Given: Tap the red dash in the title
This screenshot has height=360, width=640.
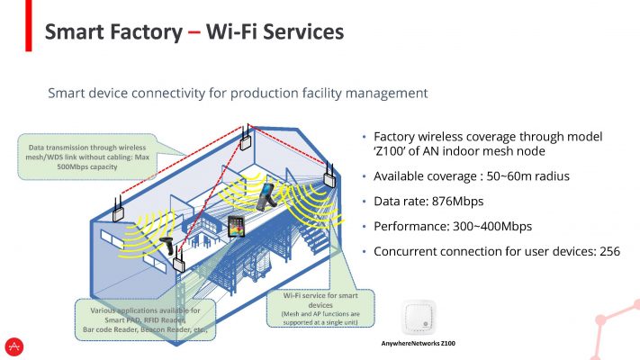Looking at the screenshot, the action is click(194, 32).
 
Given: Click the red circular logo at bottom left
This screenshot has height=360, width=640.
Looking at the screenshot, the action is click(14, 346).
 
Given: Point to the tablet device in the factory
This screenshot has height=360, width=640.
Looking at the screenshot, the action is click(236, 227).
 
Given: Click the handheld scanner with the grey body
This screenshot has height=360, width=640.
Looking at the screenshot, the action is click(266, 197).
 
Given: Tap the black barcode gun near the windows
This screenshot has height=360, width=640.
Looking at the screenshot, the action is click(167, 246).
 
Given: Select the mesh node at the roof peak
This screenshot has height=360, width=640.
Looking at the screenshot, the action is click(246, 139).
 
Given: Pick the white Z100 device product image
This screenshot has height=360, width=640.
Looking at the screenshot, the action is click(419, 317).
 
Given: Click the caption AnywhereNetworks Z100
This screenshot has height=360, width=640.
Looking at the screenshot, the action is click(418, 343).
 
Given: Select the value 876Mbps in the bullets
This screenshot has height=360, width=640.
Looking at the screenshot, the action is click(457, 202).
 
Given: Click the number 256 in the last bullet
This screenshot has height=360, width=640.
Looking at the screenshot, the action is click(609, 251).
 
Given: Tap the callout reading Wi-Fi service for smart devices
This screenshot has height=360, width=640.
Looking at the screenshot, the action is click(320, 308).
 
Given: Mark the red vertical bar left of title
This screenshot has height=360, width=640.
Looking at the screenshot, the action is click(28, 26).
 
